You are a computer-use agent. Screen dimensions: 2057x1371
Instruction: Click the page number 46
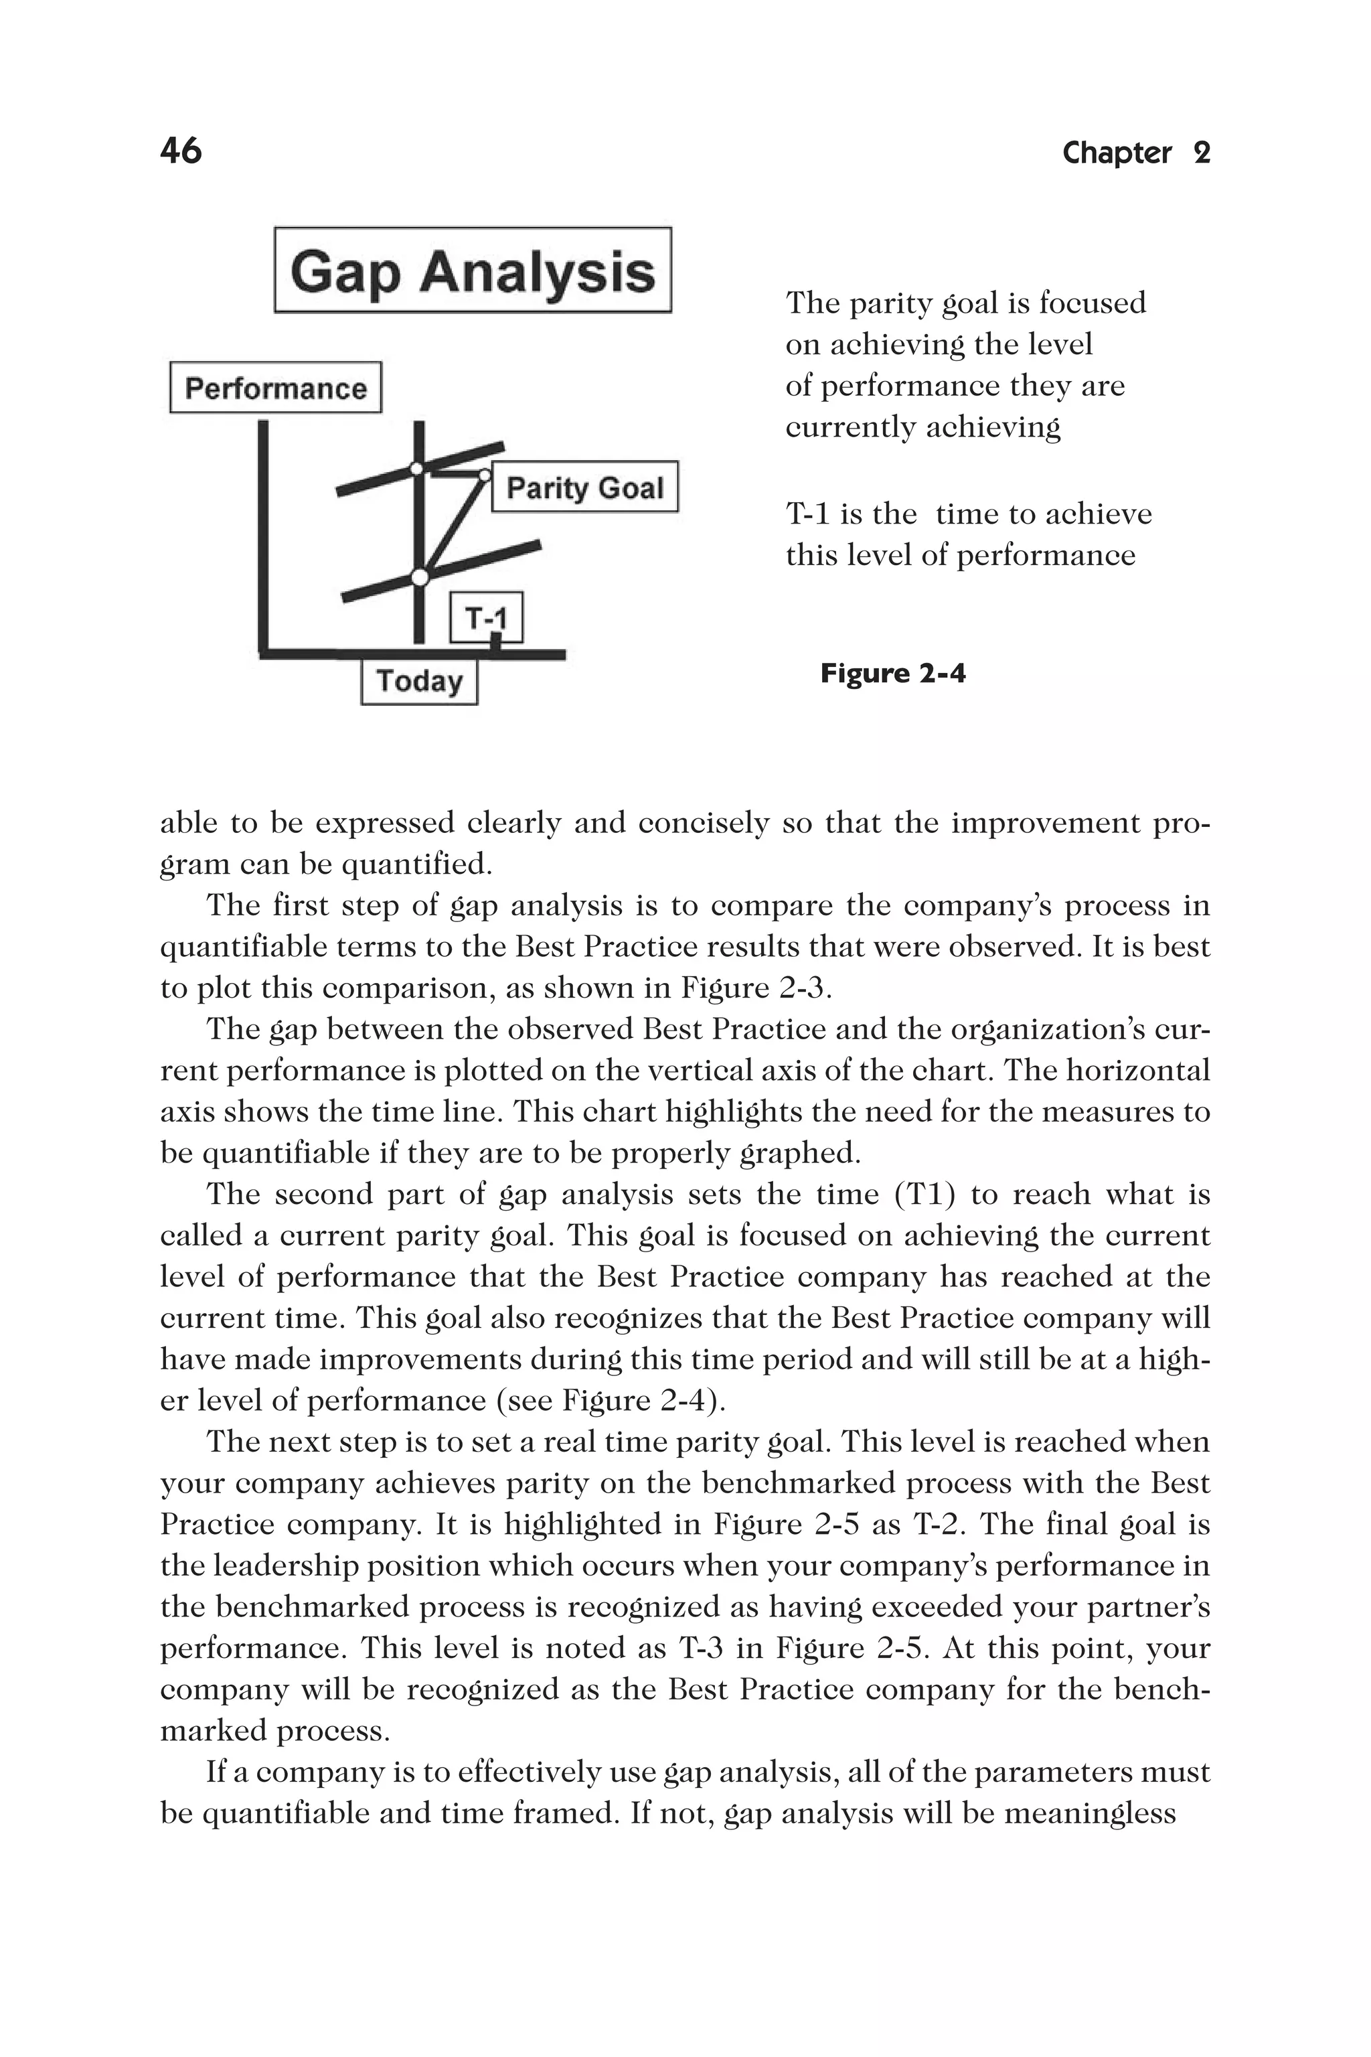click(181, 151)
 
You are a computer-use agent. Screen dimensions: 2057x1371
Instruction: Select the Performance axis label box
click(275, 388)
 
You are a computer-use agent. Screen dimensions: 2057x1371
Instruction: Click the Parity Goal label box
click(584, 487)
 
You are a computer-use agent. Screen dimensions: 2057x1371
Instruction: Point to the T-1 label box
click(486, 618)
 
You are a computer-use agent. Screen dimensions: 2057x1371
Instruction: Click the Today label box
click(419, 681)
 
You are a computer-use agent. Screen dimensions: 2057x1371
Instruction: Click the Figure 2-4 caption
click(893, 674)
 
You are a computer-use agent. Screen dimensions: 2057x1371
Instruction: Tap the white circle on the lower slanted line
click(420, 577)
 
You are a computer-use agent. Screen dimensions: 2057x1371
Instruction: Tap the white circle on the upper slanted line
click(418, 469)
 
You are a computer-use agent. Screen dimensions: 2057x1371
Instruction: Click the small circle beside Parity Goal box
click(483, 475)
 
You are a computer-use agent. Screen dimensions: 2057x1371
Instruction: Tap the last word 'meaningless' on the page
click(1089, 1814)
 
